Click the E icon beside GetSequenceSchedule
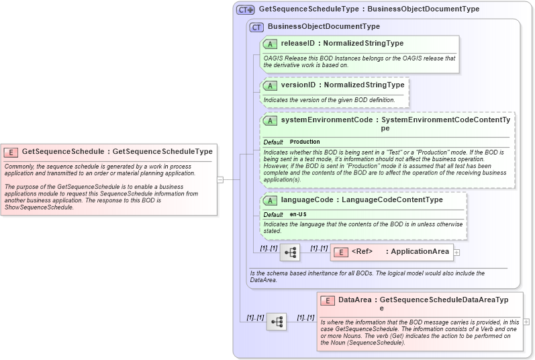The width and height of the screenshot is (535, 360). coord(11,152)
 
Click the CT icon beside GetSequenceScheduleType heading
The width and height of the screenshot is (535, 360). coord(245,10)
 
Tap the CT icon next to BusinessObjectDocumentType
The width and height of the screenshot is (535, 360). coord(256,27)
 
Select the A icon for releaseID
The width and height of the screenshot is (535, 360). coord(271,44)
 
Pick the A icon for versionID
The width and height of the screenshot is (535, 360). coord(271,86)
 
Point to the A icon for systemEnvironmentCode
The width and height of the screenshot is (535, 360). coord(271,120)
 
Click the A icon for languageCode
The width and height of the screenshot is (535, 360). coord(271,200)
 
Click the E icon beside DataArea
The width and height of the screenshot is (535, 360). coord(328,301)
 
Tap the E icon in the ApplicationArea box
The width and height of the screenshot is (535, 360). coord(340,252)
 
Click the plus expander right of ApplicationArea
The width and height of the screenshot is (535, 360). coord(456,252)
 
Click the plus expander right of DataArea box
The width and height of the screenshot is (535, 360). coord(526,322)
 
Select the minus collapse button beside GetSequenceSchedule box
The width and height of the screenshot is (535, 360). coord(220,179)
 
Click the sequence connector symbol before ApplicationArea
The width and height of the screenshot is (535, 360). coord(291,253)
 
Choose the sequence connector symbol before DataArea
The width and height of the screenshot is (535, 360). coord(277,322)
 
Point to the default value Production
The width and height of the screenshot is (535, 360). coord(305,142)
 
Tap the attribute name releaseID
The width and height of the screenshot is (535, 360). coord(298,44)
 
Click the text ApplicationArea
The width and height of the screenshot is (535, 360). coord(420,252)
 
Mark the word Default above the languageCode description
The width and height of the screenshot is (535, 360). coord(273,214)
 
